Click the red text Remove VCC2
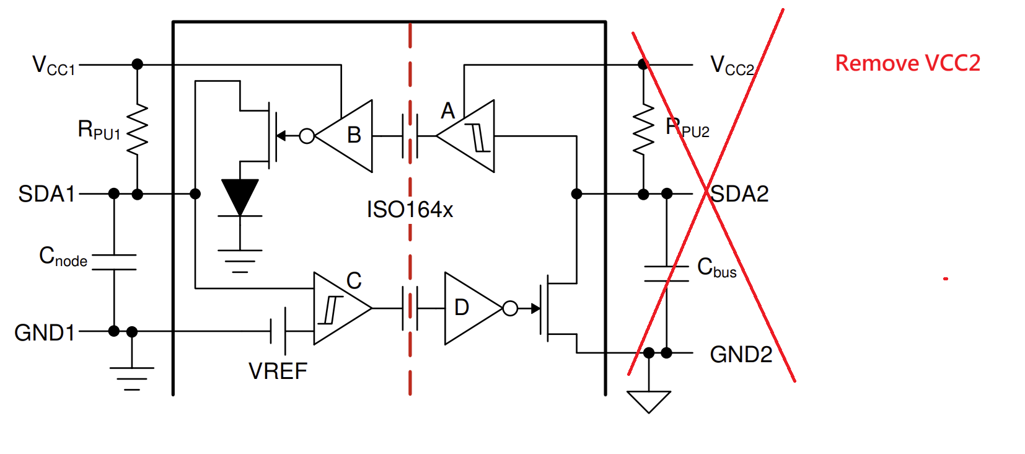tap(908, 63)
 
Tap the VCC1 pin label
tap(53, 65)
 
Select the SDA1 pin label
tap(46, 194)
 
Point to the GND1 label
tap(45, 332)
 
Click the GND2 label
tap(741, 355)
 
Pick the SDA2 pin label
tap(739, 194)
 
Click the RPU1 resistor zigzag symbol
tap(138, 130)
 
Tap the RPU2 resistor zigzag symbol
tap(643, 130)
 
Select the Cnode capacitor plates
tap(114, 262)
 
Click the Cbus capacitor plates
tap(666, 274)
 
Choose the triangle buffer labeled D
tap(473, 308)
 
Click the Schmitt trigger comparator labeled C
tap(343, 308)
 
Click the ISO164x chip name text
tap(410, 210)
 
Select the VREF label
tap(278, 371)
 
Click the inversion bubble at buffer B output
tap(307, 136)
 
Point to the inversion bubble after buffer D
tap(510, 308)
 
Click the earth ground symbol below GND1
tap(132, 378)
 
